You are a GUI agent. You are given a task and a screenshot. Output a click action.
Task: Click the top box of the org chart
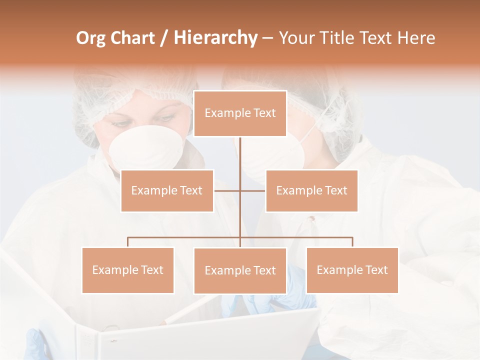(x=240, y=113)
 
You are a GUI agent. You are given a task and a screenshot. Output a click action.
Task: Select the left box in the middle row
(x=167, y=190)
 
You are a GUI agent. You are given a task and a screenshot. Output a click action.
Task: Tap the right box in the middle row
(x=311, y=190)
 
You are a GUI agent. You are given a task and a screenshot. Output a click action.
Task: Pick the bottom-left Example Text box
(x=127, y=270)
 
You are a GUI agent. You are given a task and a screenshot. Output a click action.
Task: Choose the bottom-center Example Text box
(x=240, y=270)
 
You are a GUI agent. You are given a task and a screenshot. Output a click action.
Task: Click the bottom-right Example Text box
(x=352, y=270)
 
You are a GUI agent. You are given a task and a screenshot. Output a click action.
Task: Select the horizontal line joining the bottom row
(x=185, y=238)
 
